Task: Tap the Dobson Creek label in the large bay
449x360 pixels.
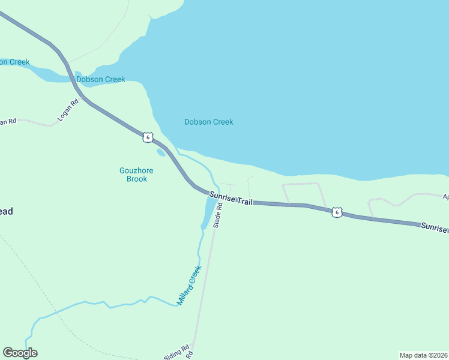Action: coord(208,122)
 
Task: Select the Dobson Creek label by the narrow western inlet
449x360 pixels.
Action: coord(100,79)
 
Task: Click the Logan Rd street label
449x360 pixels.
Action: coord(68,111)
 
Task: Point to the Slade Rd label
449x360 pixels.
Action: coord(219,214)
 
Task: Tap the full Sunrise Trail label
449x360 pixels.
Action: coord(231,199)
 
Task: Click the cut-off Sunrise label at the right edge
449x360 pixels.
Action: coord(433,227)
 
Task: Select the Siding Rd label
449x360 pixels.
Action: coord(177,352)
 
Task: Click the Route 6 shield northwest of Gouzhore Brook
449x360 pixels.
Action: coord(148,137)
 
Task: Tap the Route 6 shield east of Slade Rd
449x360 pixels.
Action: coord(337,212)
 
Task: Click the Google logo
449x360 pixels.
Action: coord(20,353)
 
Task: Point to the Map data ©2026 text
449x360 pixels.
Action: coord(423,355)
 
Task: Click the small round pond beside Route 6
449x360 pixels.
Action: coord(161,152)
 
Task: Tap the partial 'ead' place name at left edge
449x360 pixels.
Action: coord(6,211)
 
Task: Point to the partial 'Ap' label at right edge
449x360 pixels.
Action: coord(445,196)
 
